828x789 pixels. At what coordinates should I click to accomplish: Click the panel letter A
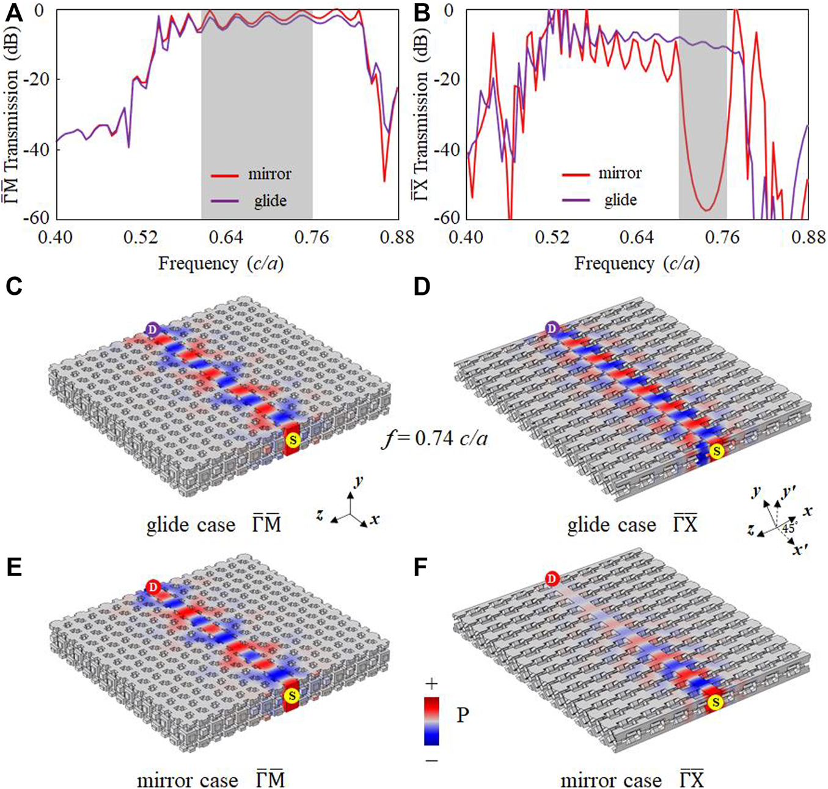(x=13, y=13)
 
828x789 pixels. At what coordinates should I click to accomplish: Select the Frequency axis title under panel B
(x=637, y=264)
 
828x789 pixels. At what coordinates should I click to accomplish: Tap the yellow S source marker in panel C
(x=293, y=440)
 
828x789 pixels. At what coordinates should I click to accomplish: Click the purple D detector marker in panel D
(x=552, y=328)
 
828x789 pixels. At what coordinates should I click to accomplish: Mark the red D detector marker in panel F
(x=552, y=579)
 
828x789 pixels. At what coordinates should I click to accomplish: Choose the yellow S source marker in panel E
(x=292, y=695)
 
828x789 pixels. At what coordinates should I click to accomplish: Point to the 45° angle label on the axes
(x=790, y=528)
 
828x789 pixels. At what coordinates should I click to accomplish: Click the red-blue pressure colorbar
(x=431, y=720)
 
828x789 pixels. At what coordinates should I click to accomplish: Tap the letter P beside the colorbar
(x=463, y=714)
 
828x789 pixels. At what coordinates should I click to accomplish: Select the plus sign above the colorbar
(x=431, y=684)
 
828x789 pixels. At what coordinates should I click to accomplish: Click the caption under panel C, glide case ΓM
(x=213, y=525)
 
